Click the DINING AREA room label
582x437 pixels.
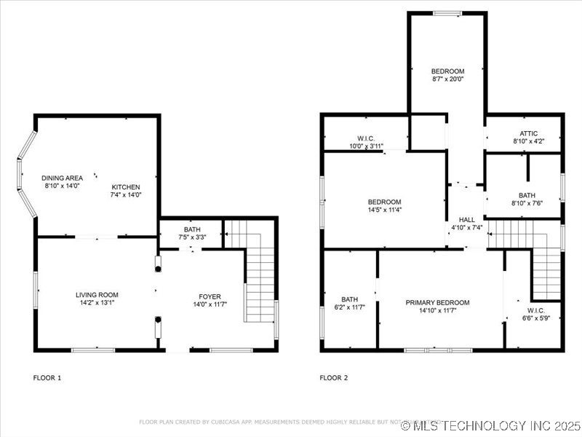coord(61,178)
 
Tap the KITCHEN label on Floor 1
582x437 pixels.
coord(125,186)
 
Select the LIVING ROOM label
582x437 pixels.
coord(97,295)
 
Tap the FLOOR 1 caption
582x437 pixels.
coord(47,377)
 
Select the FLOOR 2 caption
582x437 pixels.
coord(334,377)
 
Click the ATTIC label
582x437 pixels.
coord(529,133)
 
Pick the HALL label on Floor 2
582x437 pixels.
coord(466,219)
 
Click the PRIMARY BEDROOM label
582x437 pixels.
coord(437,302)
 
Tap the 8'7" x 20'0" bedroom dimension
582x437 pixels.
coord(447,79)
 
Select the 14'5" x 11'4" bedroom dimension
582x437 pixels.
coord(384,210)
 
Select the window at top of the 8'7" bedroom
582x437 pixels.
coord(447,12)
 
